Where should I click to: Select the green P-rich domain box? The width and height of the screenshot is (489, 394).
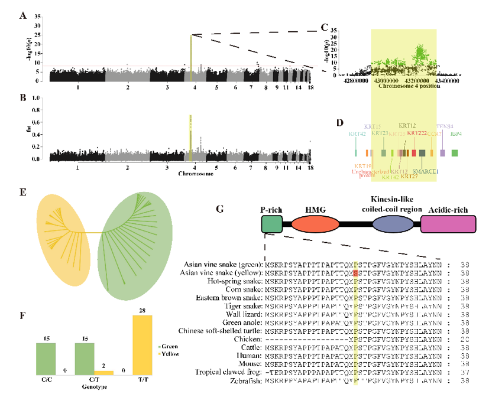[x=271, y=224]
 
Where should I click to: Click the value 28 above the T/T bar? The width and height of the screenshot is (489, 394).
[x=143, y=311]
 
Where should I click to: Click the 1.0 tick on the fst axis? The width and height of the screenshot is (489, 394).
[x=37, y=99]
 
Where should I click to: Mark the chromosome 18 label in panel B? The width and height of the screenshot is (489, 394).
[x=309, y=168]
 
